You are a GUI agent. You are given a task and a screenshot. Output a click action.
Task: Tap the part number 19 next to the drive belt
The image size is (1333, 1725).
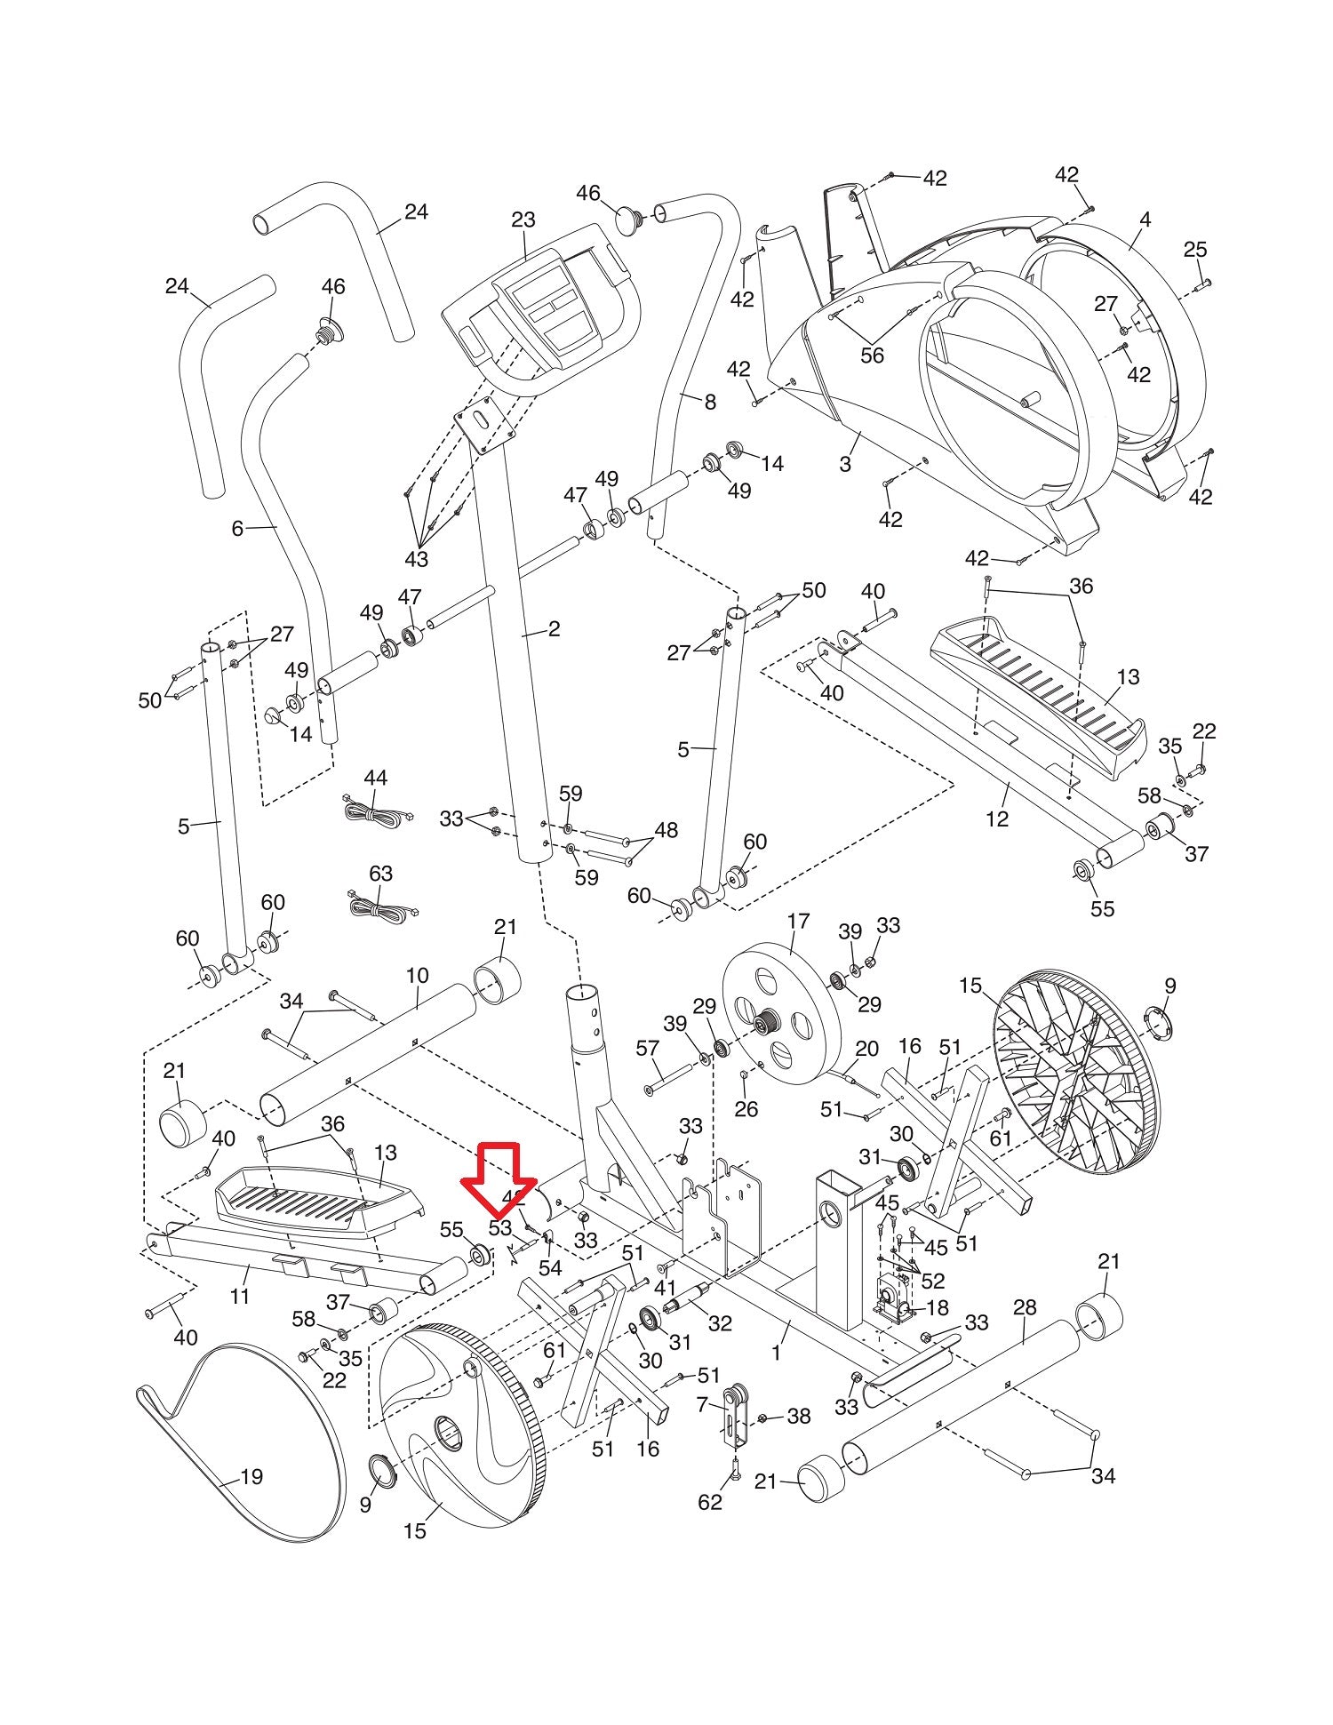pyautogui.click(x=251, y=1476)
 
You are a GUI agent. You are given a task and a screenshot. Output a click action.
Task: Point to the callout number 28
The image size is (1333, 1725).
pyautogui.click(x=1025, y=1306)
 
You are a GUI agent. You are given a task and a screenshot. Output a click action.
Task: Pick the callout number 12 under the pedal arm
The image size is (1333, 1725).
pyautogui.click(x=997, y=819)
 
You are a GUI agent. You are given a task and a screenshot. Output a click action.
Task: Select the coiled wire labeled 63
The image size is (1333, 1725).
pyautogui.click(x=380, y=906)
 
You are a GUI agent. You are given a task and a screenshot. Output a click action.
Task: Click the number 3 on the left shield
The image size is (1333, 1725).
pyautogui.click(x=844, y=463)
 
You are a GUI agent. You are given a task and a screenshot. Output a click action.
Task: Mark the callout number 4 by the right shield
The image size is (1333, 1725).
pyautogui.click(x=1145, y=219)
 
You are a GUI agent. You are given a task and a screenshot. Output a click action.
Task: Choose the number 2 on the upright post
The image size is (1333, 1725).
pyautogui.click(x=554, y=629)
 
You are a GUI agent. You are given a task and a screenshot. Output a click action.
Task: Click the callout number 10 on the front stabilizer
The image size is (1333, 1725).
pyautogui.click(x=417, y=975)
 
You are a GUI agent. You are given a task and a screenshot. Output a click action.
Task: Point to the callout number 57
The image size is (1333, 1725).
pyautogui.click(x=648, y=1050)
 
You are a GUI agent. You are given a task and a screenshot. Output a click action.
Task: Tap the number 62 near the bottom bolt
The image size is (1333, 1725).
pyautogui.click(x=710, y=1501)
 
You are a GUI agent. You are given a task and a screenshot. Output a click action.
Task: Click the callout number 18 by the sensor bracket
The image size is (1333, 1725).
pyautogui.click(x=937, y=1307)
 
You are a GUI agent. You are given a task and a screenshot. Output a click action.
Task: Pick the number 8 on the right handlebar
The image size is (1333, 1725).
pyautogui.click(x=709, y=402)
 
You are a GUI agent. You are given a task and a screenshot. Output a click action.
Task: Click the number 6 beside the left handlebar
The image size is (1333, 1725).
pyautogui.click(x=237, y=529)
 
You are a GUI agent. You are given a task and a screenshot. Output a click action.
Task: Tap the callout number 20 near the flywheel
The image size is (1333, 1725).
pyautogui.click(x=866, y=1049)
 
